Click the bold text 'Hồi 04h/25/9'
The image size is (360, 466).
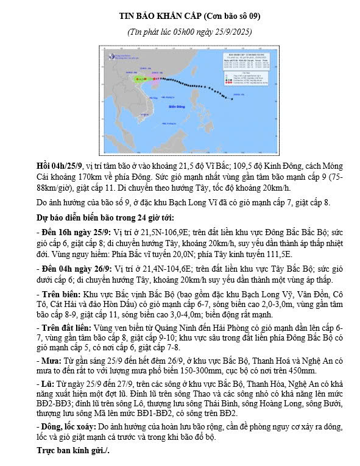tap(60, 166)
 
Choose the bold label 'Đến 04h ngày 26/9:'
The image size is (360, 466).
tap(74, 269)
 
